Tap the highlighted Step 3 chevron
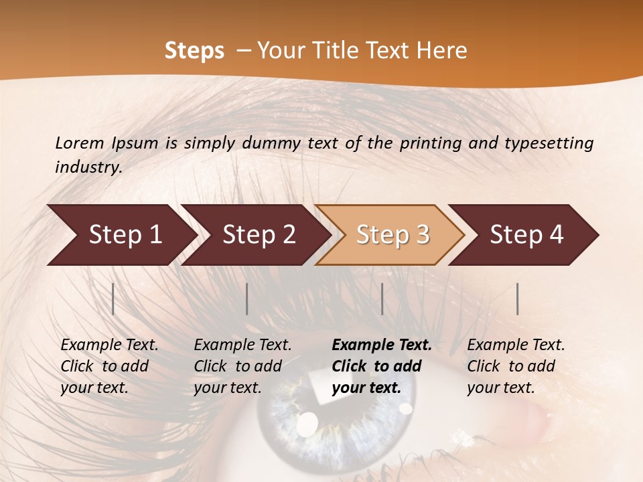(392, 235)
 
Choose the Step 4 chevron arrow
(526, 235)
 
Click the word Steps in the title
(194, 51)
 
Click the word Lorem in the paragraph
(80, 143)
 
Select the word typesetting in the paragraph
(549, 143)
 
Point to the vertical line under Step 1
(113, 299)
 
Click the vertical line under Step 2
(247, 299)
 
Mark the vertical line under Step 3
(382, 299)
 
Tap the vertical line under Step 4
(518, 299)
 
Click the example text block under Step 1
(109, 366)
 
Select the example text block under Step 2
(242, 366)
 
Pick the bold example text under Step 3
(382, 366)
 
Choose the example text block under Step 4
(516, 366)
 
